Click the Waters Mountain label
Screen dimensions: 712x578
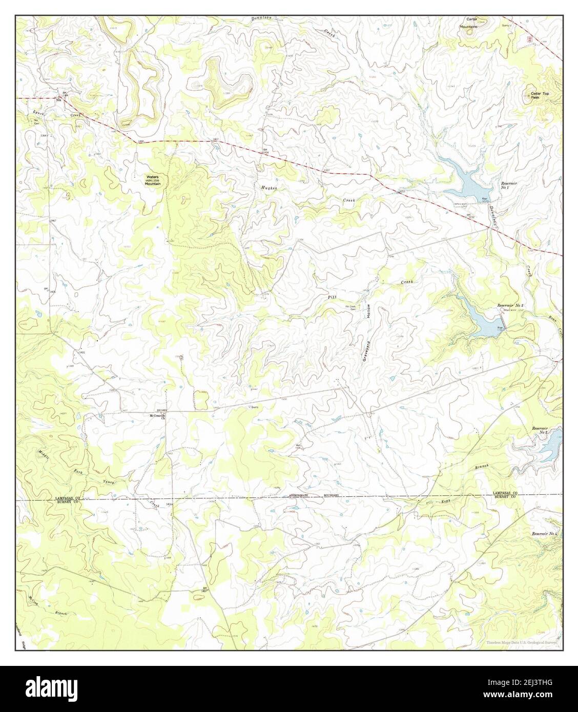[x=153, y=180]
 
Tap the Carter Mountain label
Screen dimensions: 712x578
[x=468, y=23]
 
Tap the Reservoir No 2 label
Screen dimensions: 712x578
[x=510, y=306]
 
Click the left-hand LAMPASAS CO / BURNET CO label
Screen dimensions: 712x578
[x=69, y=500]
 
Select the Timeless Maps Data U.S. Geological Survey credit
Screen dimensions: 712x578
[x=520, y=642]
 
